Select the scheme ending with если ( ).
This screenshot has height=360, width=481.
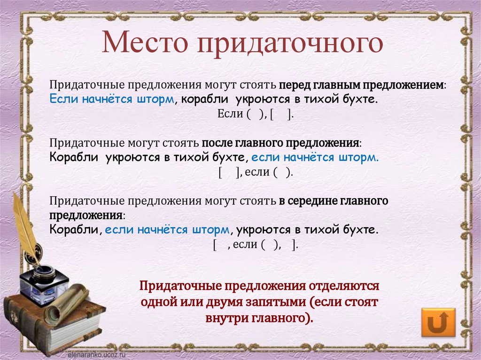[x=256, y=172]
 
